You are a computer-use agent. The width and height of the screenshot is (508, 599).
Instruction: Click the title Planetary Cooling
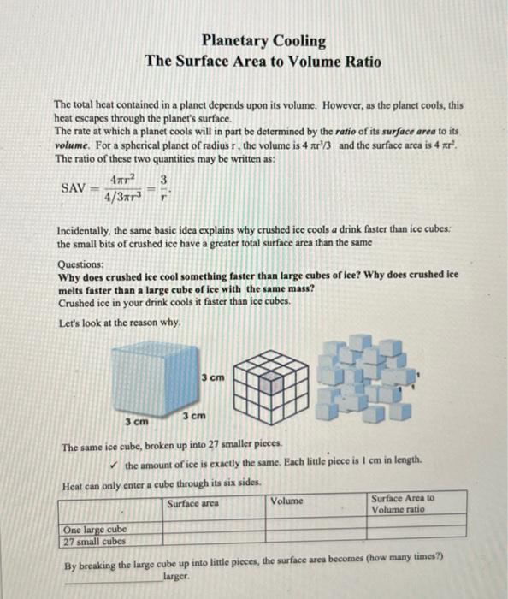(263, 40)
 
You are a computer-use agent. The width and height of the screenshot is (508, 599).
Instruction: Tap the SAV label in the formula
(74, 187)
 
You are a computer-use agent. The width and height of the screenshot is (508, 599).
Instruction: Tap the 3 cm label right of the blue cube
(214, 377)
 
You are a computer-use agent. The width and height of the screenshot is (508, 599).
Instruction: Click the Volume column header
(287, 501)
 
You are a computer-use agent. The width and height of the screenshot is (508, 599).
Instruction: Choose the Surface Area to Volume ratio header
(403, 503)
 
